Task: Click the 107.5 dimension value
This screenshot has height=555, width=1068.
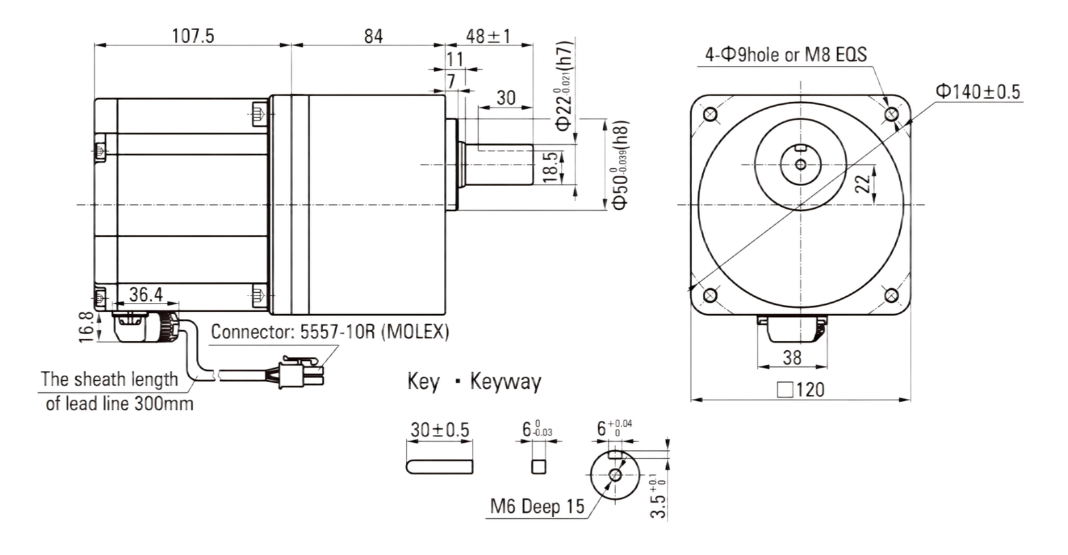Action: tap(193, 36)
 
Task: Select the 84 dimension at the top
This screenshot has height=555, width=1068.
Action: tap(373, 36)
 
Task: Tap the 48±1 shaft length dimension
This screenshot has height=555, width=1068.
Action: tap(488, 36)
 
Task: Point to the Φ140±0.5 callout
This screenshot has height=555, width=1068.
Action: tap(978, 91)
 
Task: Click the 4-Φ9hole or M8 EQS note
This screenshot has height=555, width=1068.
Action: tap(786, 55)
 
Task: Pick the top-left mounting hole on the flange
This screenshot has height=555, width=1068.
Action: tap(710, 114)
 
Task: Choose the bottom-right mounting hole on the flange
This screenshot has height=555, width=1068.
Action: tap(892, 296)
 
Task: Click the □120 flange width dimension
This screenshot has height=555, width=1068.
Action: tap(800, 390)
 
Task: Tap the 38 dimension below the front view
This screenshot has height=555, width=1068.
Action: tap(792, 358)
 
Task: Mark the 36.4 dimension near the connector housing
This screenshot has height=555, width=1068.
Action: tap(146, 294)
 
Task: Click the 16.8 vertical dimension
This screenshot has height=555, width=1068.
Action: tap(86, 327)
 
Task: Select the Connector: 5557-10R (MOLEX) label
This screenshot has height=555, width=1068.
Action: tap(330, 332)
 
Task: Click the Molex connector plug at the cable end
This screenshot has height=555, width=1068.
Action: tap(301, 372)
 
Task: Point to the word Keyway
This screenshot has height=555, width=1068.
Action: tap(505, 382)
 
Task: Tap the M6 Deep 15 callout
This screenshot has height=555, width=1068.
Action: tap(537, 506)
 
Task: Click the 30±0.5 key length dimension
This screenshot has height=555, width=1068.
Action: tap(440, 430)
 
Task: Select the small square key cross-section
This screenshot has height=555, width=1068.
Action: tap(538, 466)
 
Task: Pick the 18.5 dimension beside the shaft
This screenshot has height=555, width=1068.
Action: tap(550, 167)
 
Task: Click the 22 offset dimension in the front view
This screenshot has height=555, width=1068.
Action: tap(862, 184)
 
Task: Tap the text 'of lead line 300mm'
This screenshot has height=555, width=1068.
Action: tap(119, 404)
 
